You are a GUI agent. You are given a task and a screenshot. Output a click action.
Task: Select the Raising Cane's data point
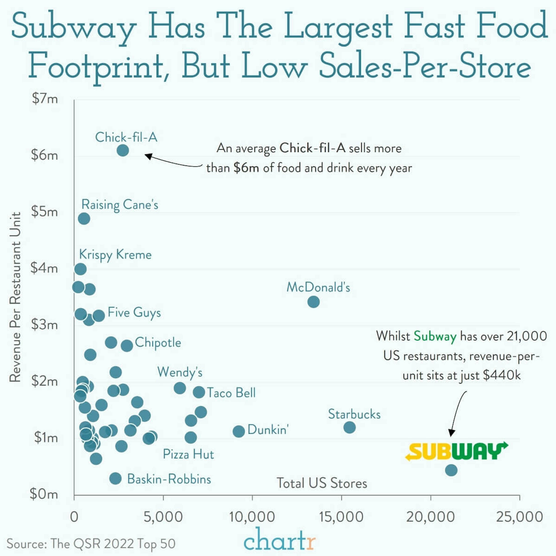coord(84,219)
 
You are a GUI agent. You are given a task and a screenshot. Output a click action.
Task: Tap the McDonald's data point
coord(313,302)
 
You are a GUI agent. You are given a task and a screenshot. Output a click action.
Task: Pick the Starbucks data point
coord(349,427)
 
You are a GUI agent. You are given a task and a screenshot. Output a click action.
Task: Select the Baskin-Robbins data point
coord(115,479)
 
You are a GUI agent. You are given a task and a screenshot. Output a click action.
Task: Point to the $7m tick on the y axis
coord(45,99)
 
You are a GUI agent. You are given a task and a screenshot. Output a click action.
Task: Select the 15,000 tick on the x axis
coord(341,517)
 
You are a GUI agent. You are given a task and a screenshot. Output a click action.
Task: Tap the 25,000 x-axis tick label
coord(520,517)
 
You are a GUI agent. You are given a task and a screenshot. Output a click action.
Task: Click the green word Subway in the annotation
coord(435,336)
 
